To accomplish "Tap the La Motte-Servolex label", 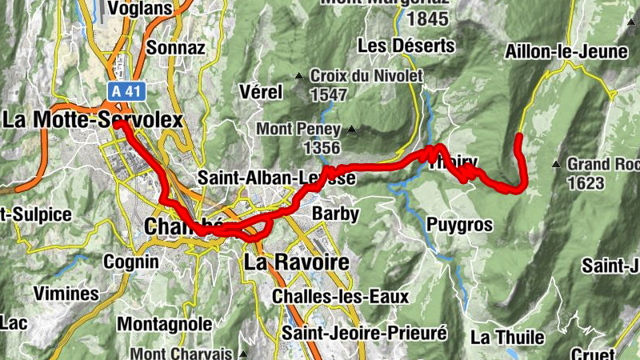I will (92, 120).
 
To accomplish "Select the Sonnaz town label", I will (175, 48).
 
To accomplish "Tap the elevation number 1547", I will (329, 95).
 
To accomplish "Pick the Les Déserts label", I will (406, 46).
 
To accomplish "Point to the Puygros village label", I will (459, 225).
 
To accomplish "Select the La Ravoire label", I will (296, 262).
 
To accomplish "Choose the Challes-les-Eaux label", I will (340, 296).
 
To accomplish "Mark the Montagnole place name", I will (165, 324).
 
